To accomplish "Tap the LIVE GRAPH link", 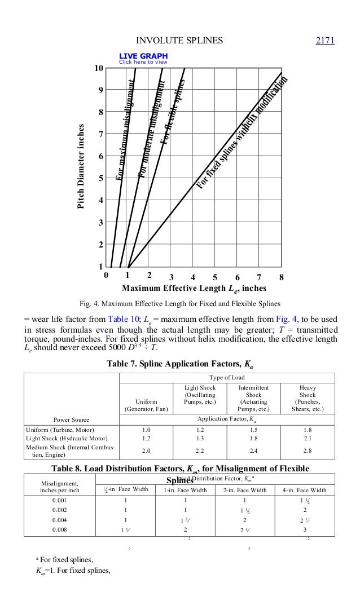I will click(x=143, y=56).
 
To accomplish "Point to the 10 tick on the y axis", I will click(x=98, y=68).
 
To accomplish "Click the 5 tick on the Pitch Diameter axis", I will click(x=100, y=179).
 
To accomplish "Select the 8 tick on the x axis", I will click(x=281, y=277).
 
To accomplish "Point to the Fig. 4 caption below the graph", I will click(x=180, y=306).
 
